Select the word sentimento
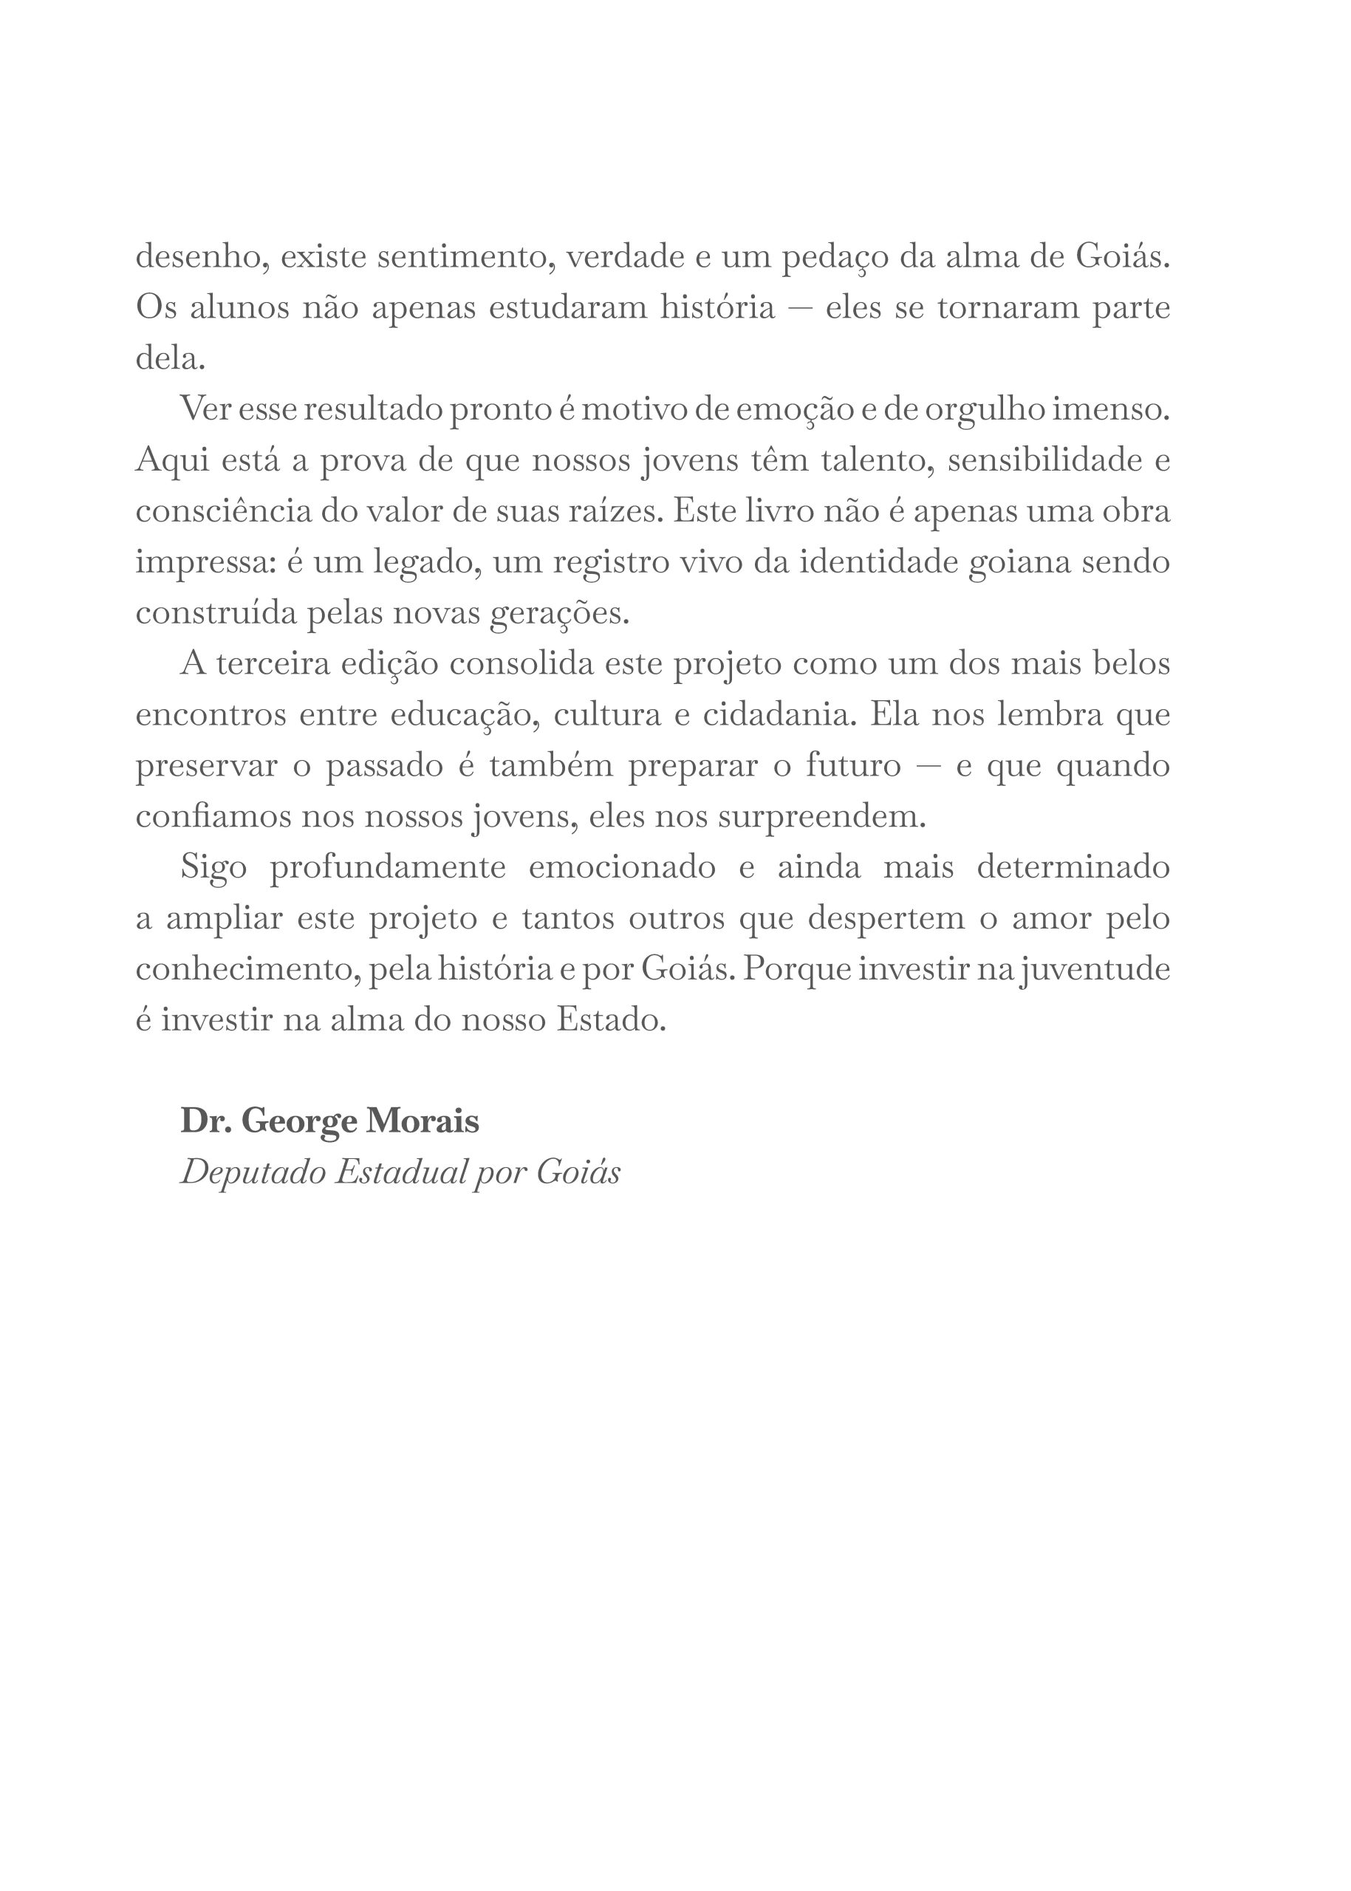[467, 257]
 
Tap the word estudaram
[567, 308]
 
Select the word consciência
[223, 511]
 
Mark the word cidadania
[779, 714]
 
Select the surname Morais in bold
[423, 1121]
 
